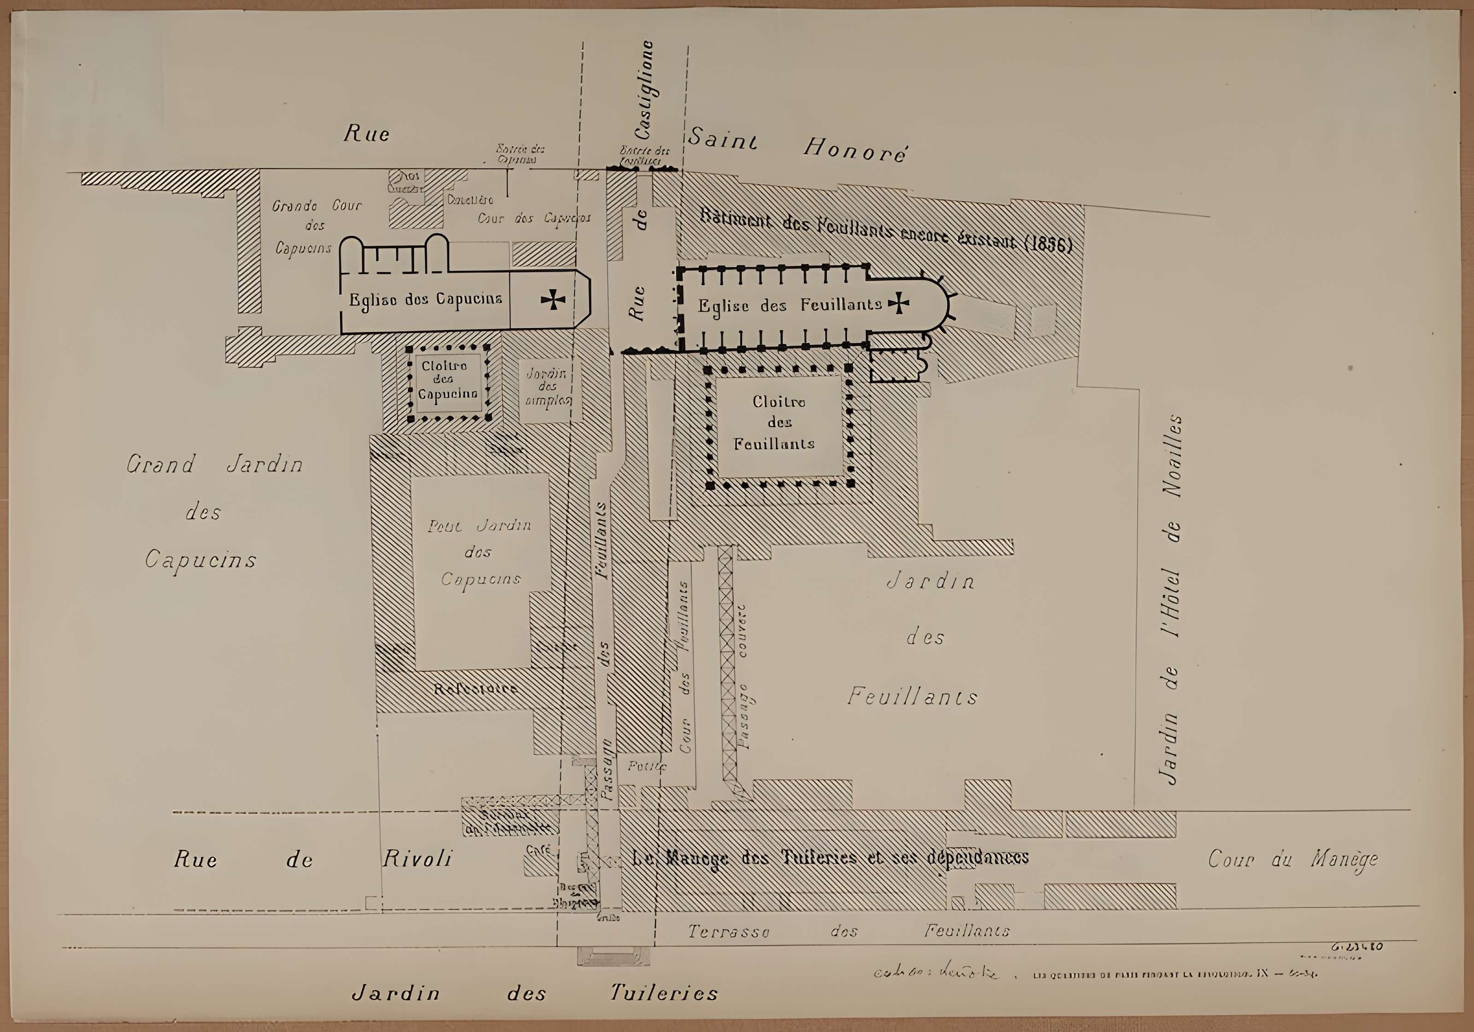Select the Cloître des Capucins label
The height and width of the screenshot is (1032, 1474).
(x=447, y=380)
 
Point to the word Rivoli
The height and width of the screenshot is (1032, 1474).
(x=417, y=859)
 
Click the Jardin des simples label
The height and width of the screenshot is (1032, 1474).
(x=547, y=387)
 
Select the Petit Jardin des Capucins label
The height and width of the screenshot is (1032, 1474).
(x=480, y=551)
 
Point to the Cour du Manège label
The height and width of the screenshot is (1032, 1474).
(x=1293, y=859)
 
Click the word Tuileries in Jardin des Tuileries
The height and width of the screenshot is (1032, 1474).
(x=663, y=993)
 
